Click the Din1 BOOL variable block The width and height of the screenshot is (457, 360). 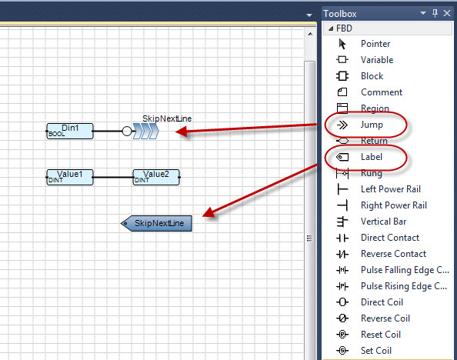70,132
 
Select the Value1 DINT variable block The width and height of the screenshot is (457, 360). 70,177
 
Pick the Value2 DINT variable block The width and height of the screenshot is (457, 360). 156,177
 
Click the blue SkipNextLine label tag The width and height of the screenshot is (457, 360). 156,224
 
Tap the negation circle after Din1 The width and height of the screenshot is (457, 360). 127,132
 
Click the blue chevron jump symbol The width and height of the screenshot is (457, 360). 145,132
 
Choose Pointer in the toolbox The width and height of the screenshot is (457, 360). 375,44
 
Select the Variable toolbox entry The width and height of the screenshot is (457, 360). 377,60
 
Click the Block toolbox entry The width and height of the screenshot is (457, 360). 372,76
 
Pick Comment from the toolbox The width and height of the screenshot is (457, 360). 382,92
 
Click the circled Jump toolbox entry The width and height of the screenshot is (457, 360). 372,125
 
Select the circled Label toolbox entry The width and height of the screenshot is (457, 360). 372,157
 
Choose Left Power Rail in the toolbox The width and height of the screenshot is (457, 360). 391,189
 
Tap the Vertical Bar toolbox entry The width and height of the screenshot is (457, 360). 383,222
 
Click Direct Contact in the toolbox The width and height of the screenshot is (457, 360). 390,238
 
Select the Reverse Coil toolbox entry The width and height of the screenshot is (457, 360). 385,318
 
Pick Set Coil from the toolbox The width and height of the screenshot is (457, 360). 376,350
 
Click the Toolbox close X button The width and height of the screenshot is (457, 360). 447,13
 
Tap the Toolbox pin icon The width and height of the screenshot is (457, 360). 435,13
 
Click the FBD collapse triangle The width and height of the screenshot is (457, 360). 331,28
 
